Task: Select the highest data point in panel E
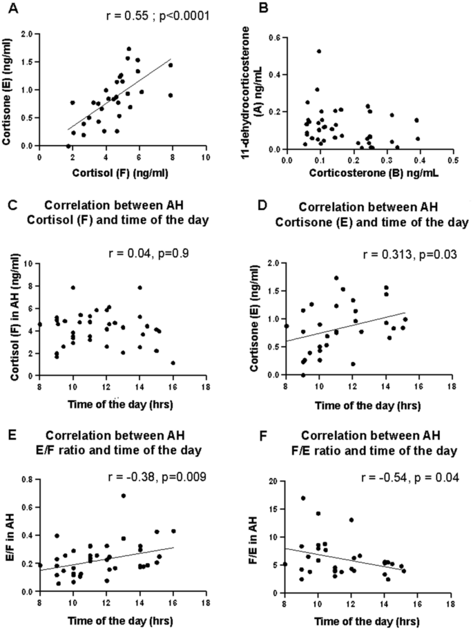point(123,495)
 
